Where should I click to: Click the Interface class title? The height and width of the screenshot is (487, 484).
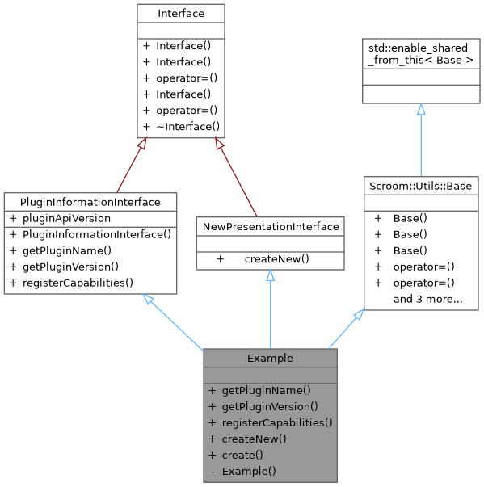tap(181, 14)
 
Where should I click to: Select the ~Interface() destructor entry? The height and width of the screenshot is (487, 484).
tap(187, 126)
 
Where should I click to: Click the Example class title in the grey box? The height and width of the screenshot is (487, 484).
tap(270, 358)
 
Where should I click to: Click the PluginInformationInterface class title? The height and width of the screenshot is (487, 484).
tap(90, 201)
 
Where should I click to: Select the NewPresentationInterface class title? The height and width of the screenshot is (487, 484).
tap(271, 225)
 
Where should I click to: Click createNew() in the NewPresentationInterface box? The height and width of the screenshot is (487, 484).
tap(277, 259)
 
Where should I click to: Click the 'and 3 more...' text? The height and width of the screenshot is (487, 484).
tap(427, 300)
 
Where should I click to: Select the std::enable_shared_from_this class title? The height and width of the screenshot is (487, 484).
tap(421, 53)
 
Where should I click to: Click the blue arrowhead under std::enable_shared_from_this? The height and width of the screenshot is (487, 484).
tap(421, 109)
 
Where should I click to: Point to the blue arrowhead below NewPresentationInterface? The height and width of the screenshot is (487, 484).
tap(271, 276)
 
